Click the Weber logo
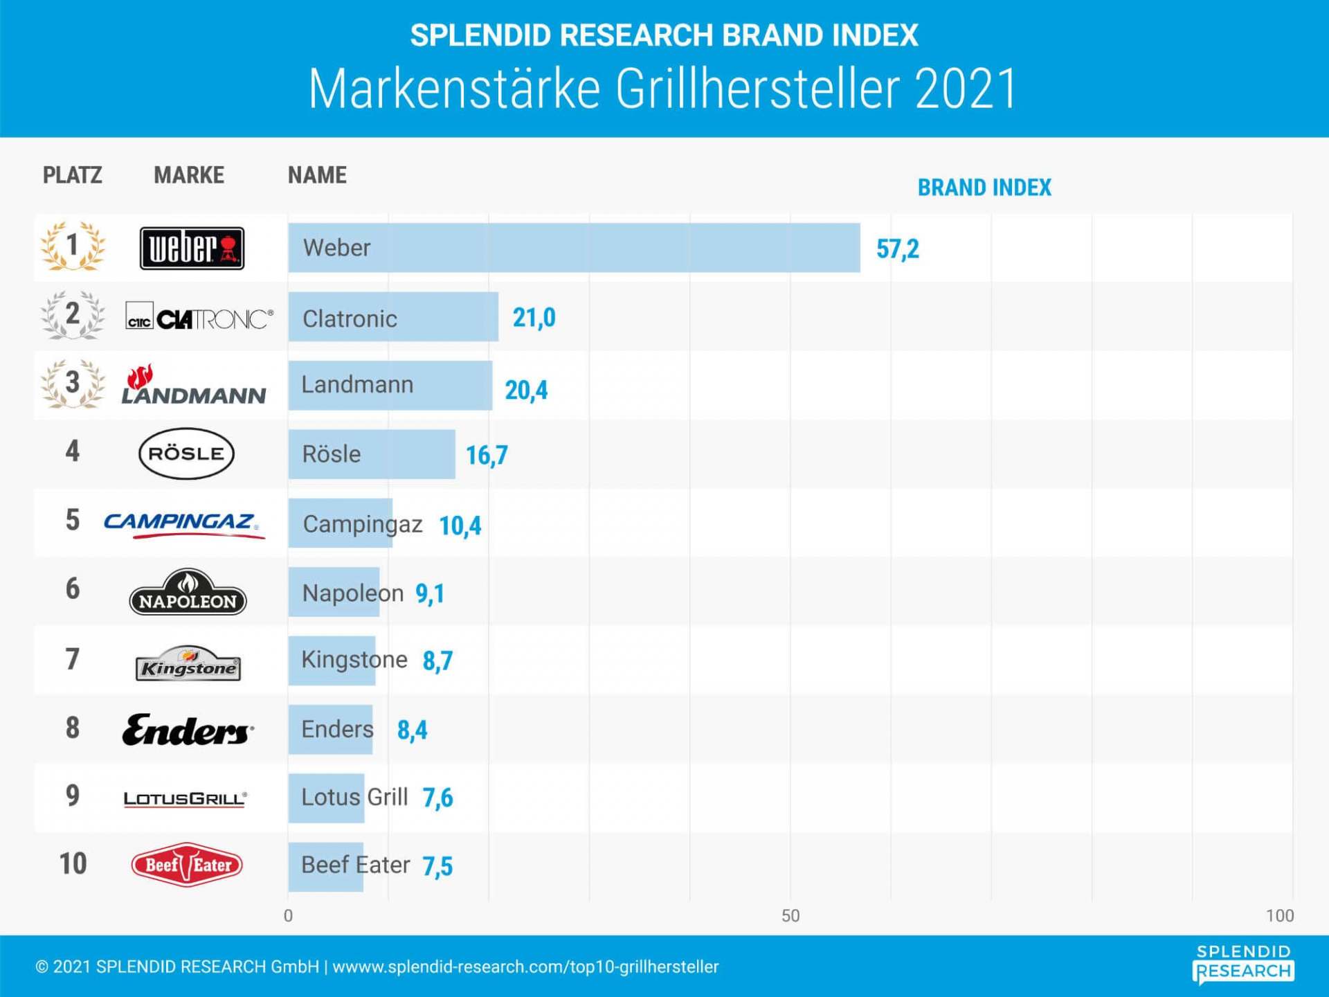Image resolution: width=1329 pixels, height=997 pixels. tap(192, 248)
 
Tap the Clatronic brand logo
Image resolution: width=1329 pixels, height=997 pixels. tap(199, 318)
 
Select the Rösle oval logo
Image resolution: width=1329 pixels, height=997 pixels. tap(186, 453)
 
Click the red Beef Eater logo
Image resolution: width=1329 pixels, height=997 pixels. tap(187, 864)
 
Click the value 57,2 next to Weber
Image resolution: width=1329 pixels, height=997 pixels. tap(897, 249)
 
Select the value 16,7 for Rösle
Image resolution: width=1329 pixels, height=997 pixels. tap(487, 455)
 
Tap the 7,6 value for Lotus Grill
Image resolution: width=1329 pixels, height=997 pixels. tap(437, 798)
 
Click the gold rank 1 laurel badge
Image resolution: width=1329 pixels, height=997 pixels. tap(73, 246)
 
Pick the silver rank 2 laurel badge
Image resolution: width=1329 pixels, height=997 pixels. tap(73, 315)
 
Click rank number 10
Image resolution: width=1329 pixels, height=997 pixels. tap(73, 864)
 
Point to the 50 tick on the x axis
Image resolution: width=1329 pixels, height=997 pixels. tap(790, 915)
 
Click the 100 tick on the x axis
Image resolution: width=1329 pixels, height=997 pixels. tap(1279, 915)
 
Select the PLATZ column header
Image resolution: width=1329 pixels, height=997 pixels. tap(73, 175)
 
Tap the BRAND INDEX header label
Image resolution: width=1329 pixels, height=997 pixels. tap(984, 188)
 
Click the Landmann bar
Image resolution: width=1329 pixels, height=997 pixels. tap(390, 385)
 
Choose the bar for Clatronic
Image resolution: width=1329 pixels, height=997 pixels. tap(392, 316)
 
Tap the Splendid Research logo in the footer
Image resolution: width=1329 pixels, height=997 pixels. tap(1243, 964)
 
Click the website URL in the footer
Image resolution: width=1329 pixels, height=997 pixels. tap(525, 967)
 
